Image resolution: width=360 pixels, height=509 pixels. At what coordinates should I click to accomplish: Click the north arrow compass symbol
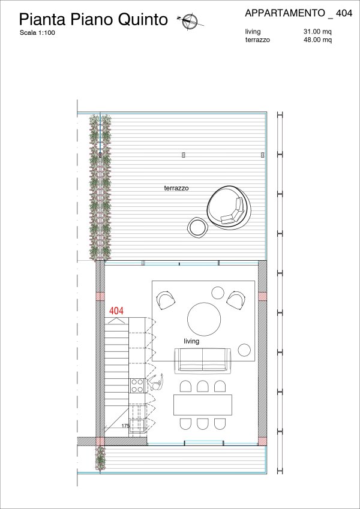pos(190,22)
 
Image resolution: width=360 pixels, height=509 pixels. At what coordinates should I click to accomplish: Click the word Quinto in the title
pos(143,19)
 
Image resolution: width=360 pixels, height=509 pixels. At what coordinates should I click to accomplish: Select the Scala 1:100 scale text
pos(37,32)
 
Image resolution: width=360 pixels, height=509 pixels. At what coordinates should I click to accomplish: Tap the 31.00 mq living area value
pos(317,32)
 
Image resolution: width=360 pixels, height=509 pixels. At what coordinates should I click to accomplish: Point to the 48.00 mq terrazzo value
pos(317,40)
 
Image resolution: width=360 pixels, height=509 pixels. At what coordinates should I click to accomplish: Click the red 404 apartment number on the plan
pos(116,311)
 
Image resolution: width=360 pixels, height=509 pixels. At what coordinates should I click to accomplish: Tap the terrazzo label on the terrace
pos(176,188)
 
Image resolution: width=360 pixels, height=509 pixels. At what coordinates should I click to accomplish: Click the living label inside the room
pos(191,341)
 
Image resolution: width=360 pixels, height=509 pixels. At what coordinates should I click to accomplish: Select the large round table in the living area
pos(204,319)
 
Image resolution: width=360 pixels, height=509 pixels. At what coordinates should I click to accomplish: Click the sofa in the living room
pos(203,360)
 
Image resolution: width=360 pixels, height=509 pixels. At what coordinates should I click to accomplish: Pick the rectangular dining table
pos(203,405)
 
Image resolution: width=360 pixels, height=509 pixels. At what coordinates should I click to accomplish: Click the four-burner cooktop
pos(137,386)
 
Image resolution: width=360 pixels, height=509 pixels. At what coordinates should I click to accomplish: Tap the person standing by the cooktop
pos(155,382)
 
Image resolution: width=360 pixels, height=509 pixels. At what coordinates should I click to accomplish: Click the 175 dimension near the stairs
pos(125,426)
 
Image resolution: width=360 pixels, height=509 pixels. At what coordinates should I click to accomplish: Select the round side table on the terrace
pos(197,227)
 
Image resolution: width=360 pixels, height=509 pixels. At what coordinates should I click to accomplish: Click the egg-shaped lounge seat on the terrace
pos(230,207)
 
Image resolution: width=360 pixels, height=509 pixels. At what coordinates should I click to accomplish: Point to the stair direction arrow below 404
pos(116,320)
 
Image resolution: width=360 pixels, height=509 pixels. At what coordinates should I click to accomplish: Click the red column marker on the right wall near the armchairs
pos(262,296)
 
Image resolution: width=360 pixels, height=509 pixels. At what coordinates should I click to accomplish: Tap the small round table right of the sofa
pos(244,350)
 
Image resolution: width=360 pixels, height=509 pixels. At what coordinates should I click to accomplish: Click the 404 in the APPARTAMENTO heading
pos(344,13)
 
